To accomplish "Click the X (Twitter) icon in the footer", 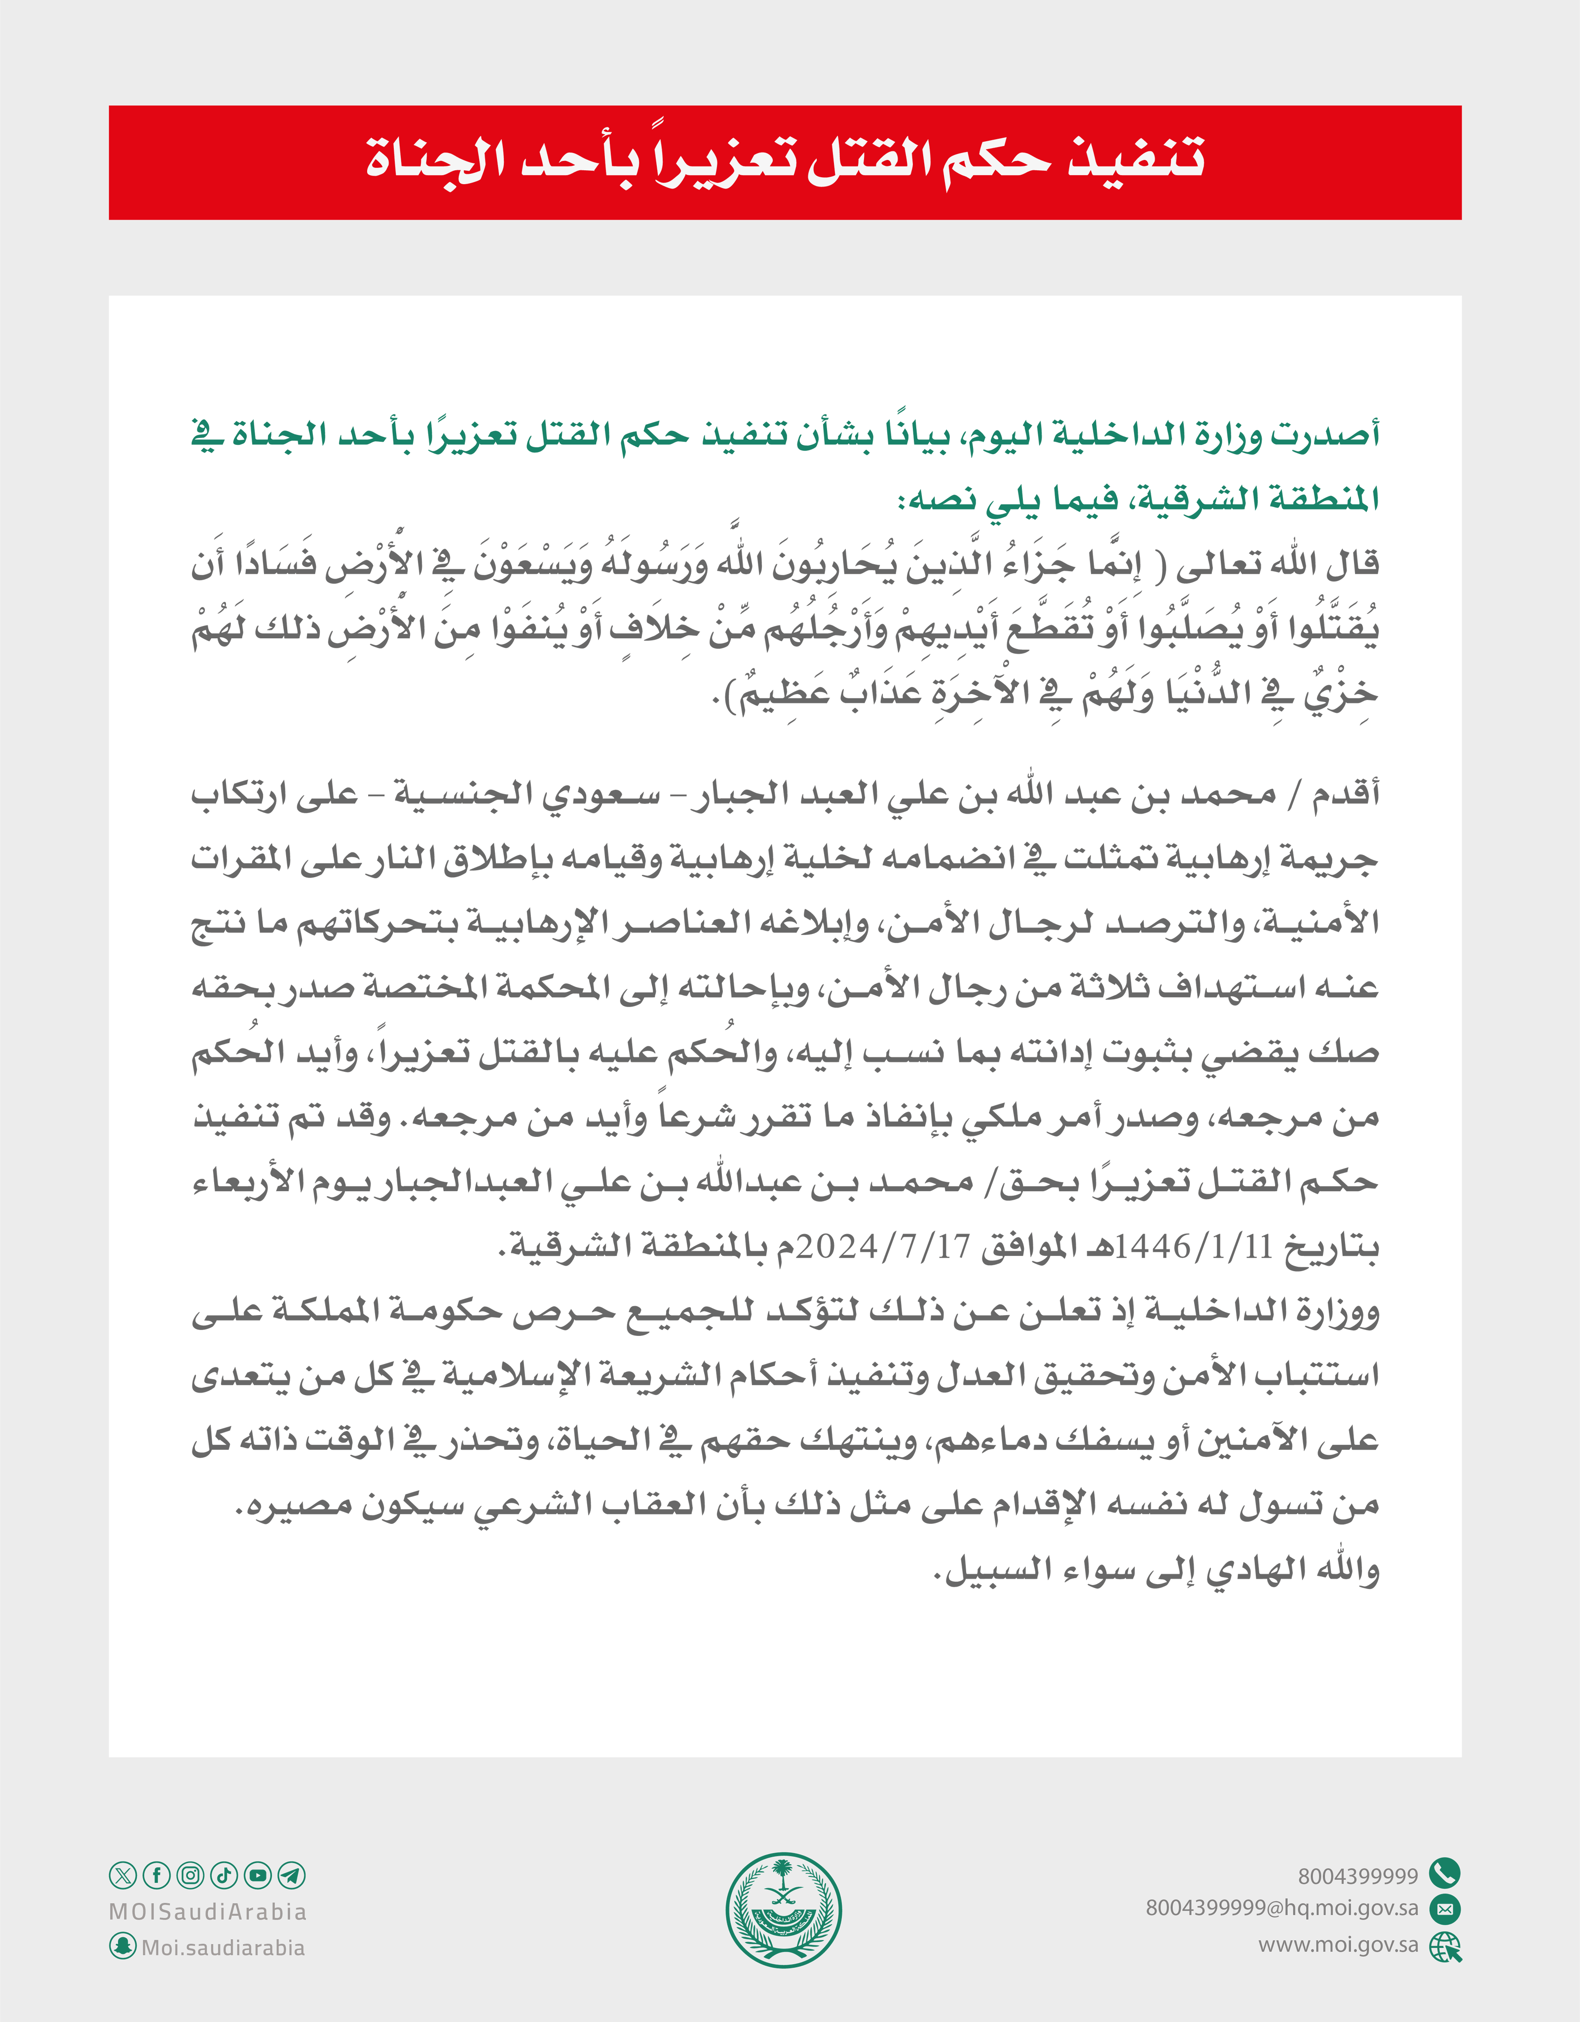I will [x=122, y=1876].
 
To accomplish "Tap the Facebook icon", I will [x=156, y=1876].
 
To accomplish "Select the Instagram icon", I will [x=190, y=1876].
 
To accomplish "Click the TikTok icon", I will [x=224, y=1876].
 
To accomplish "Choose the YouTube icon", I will [x=258, y=1876].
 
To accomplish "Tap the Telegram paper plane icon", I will [x=292, y=1876].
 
